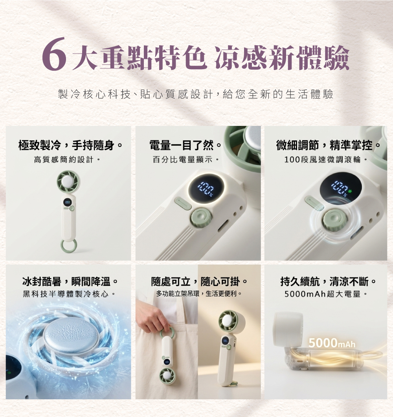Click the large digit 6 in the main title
(x=54, y=54)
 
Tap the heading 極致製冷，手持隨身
(x=70, y=145)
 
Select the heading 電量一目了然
(x=185, y=145)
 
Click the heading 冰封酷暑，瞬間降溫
(x=70, y=281)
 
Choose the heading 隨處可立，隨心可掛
(x=199, y=281)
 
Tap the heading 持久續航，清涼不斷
(x=328, y=281)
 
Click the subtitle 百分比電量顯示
(x=185, y=160)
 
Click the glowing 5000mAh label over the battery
(x=332, y=343)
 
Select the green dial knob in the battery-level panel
(x=201, y=218)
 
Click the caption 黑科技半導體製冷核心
(x=68, y=294)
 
